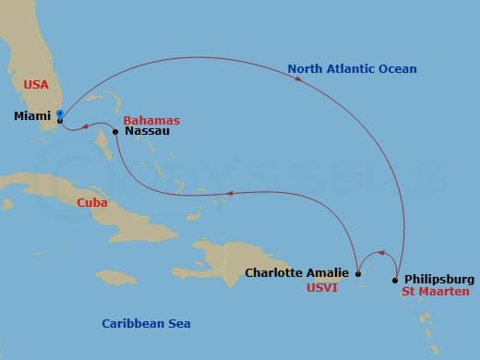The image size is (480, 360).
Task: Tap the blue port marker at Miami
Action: click(59, 114)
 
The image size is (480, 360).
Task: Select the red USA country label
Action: click(35, 85)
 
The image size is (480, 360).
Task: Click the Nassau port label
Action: click(146, 132)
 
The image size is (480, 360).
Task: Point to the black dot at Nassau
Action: click(115, 132)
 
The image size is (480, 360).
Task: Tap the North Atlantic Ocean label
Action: click(352, 69)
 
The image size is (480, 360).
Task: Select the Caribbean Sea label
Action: click(146, 323)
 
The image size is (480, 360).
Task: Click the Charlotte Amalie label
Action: click(297, 272)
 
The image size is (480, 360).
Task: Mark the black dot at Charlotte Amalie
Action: click(358, 273)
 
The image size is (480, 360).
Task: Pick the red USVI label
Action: click(325, 287)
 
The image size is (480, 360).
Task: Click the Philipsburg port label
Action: click(439, 279)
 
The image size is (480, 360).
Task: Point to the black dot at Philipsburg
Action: click(395, 280)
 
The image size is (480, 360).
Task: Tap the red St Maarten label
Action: click(435, 292)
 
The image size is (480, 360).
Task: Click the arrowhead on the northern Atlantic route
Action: click(299, 79)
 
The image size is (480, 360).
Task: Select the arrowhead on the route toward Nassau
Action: click(230, 194)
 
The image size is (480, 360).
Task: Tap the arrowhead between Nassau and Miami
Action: click(83, 126)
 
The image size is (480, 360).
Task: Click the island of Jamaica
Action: click(117, 277)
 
